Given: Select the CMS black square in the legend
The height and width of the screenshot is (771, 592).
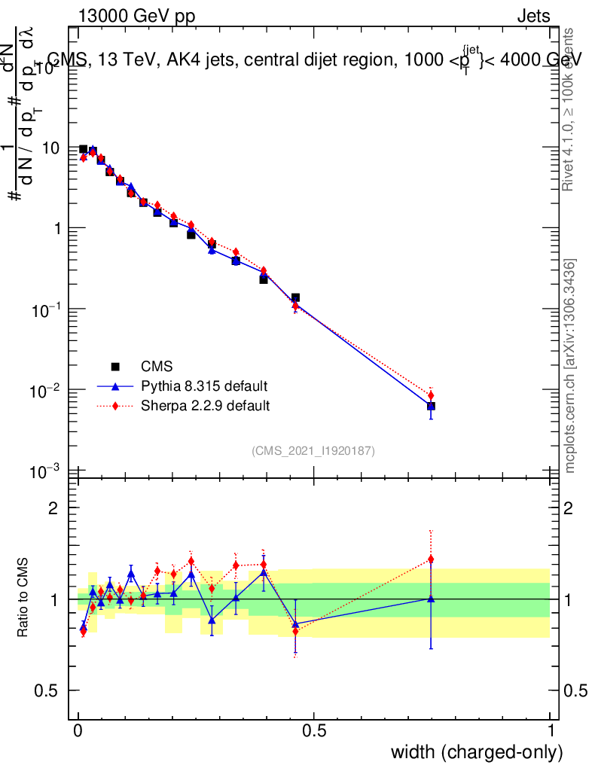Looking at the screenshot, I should click(x=115, y=367).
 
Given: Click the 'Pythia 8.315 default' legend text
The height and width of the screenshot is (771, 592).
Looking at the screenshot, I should click(x=204, y=387).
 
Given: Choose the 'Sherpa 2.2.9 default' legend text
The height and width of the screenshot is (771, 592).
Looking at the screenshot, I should click(x=206, y=407).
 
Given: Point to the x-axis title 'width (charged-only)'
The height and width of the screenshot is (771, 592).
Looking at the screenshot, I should click(x=477, y=751).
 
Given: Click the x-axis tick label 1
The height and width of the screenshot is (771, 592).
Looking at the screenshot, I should click(x=551, y=730).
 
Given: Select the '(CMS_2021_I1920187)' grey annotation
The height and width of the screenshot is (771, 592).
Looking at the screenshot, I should click(x=313, y=450).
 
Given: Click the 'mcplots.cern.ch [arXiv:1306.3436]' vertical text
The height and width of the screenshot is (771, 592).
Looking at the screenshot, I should click(x=571, y=367).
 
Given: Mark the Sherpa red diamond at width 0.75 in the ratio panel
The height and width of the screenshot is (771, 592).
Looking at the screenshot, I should click(x=431, y=559).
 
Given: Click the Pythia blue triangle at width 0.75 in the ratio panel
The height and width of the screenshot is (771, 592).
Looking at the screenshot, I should click(x=431, y=599).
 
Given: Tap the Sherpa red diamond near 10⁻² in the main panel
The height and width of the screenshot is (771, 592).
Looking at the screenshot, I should click(x=431, y=395).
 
